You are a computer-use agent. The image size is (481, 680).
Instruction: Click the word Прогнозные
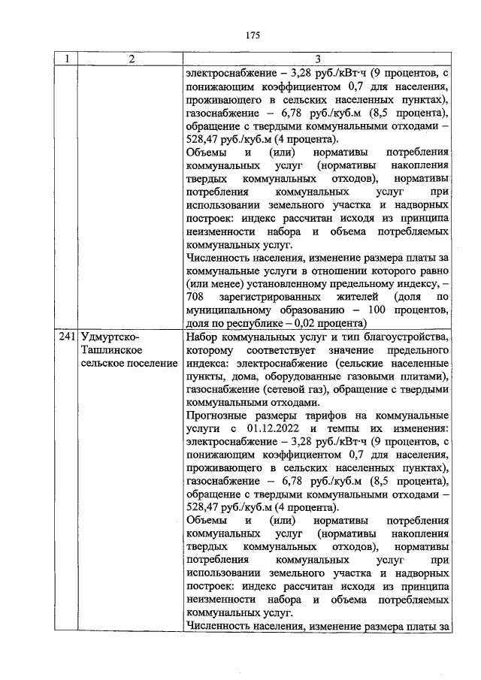216,419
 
